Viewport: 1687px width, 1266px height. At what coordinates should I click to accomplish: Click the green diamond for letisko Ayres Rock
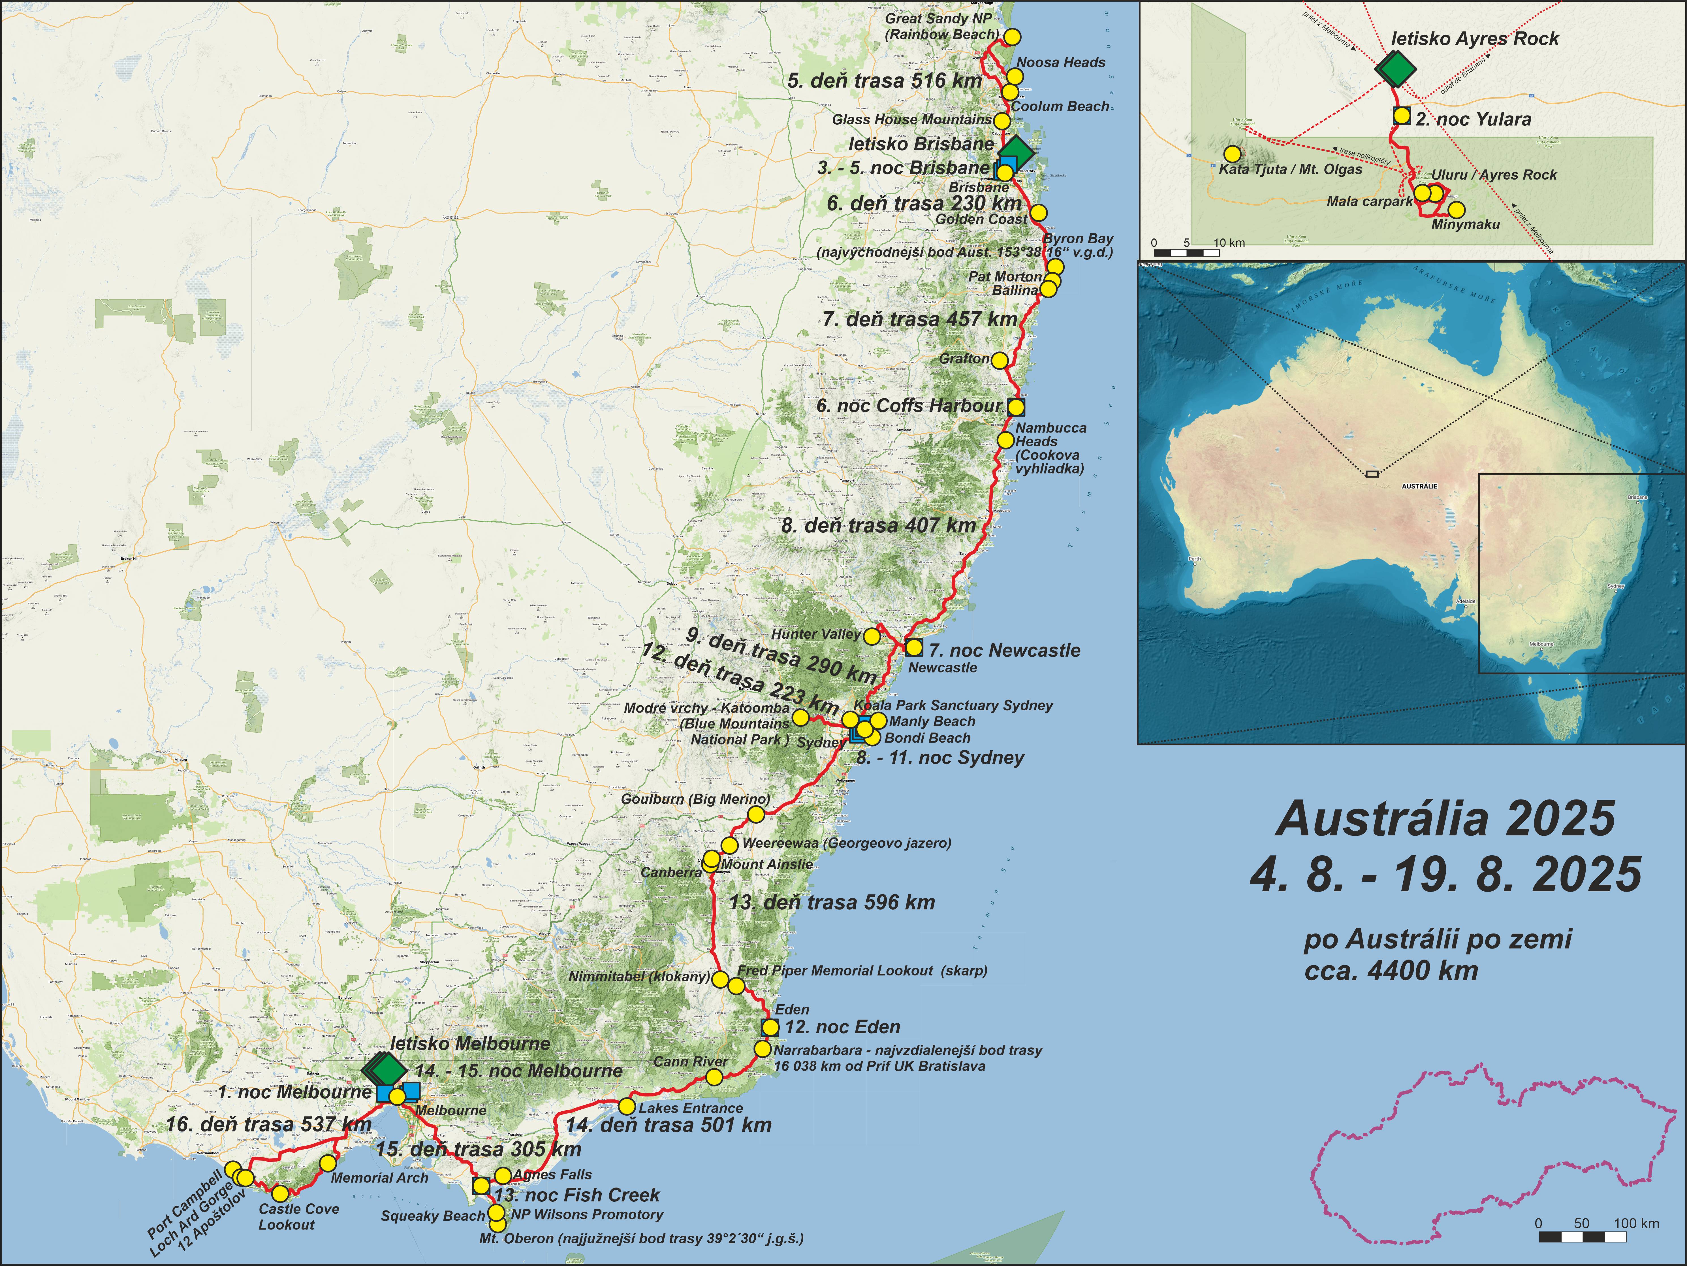[x=1395, y=68]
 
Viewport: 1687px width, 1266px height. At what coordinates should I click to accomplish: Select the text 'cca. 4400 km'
[x=1391, y=971]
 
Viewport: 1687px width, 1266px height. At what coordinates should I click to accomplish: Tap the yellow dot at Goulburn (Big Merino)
[x=755, y=815]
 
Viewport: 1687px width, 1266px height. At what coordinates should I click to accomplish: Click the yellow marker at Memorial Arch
[x=327, y=1163]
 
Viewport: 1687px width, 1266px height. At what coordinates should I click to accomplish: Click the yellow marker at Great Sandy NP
[x=1011, y=36]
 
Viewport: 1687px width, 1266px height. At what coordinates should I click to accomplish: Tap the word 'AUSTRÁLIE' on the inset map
[x=1419, y=486]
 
